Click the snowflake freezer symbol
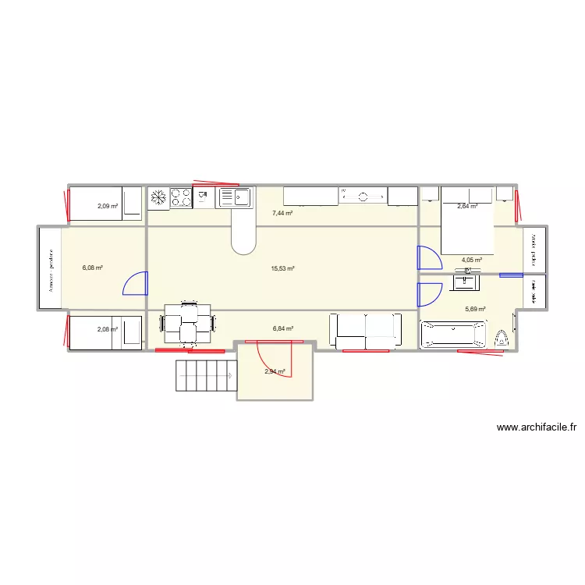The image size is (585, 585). [x=158, y=197]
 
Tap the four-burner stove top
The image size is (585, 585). [x=181, y=197]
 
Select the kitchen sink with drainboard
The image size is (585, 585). [x=234, y=197]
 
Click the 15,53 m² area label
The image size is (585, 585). [x=282, y=268]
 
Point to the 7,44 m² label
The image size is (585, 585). [x=282, y=213]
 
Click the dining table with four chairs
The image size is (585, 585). [x=188, y=322]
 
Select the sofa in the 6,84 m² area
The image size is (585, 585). [x=366, y=330]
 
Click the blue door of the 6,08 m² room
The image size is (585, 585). [x=135, y=282]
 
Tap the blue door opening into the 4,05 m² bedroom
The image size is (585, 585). [x=428, y=258]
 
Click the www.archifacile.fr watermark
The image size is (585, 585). [x=536, y=427]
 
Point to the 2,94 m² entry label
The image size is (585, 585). [x=275, y=372]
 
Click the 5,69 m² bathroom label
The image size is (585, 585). [x=475, y=309]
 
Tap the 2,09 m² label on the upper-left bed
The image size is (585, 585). [x=107, y=206]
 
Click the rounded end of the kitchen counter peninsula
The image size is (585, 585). [x=243, y=243]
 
